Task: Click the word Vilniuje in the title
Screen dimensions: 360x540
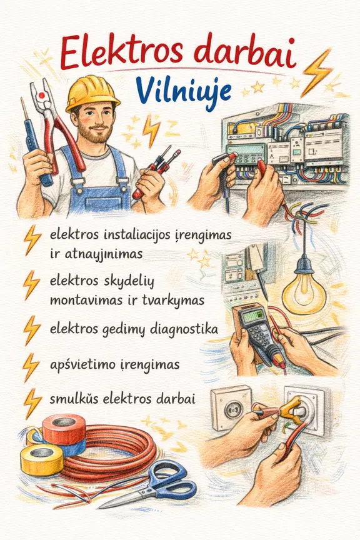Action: click(183, 89)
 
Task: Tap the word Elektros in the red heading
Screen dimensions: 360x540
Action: click(122, 53)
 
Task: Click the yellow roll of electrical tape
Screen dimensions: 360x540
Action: click(42, 459)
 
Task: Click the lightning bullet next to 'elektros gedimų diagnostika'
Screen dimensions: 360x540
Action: click(32, 329)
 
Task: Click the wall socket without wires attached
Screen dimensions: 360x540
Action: click(231, 408)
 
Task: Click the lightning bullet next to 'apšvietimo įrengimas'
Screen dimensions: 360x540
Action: click(31, 367)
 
